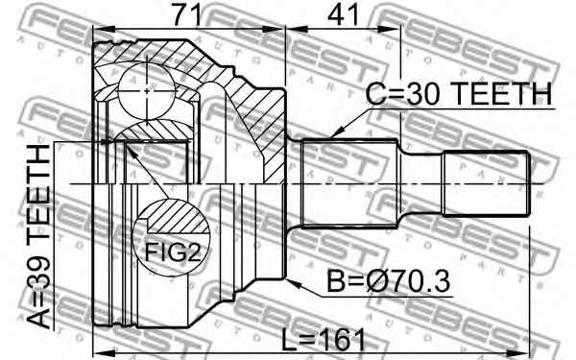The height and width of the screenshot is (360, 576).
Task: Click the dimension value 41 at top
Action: (337, 15)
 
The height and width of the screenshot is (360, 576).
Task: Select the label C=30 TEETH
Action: (459, 95)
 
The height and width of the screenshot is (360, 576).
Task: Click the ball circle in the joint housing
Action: (144, 88)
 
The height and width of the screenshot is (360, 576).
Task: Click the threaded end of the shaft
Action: (485, 182)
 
